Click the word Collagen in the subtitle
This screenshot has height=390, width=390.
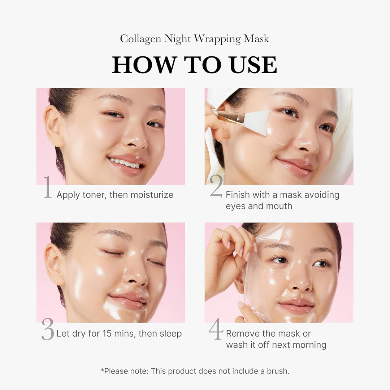(141, 39)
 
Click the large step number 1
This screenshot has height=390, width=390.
(47, 187)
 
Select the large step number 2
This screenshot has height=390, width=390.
(216, 187)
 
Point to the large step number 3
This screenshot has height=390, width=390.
(48, 329)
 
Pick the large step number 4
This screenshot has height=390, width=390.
(216, 329)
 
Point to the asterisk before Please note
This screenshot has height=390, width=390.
(102, 370)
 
